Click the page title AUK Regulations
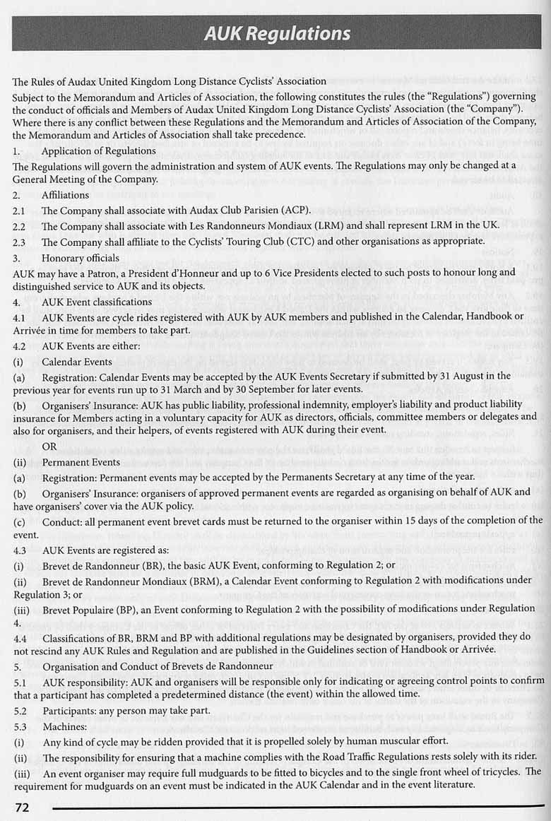pyautogui.click(x=278, y=33)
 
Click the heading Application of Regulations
pyautogui.click(x=98, y=150)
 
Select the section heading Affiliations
pyautogui.click(x=65, y=195)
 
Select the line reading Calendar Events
pyautogui.click(x=77, y=362)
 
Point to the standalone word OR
pyautogui.click(x=49, y=447)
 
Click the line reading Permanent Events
pyautogui.click(x=81, y=462)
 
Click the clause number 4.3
pyautogui.click(x=20, y=550)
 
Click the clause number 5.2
pyautogui.click(x=20, y=709)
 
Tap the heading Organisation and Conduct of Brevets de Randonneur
pyautogui.click(x=157, y=666)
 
